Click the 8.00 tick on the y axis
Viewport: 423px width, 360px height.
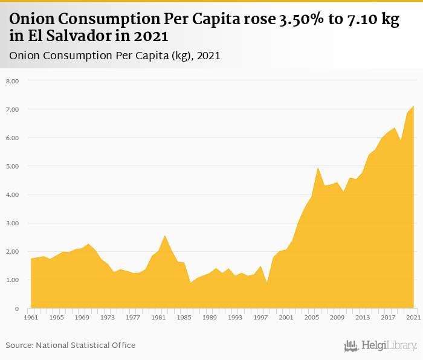pyautogui.click(x=12, y=81)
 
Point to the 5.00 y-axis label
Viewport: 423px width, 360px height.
pyautogui.click(x=12, y=166)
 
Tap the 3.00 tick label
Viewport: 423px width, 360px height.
pyautogui.click(x=12, y=223)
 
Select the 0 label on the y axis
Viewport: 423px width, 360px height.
pyautogui.click(x=17, y=309)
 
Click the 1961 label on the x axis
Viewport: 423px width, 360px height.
pyautogui.click(x=31, y=317)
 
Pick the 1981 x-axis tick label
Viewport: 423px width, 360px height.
pyautogui.click(x=158, y=317)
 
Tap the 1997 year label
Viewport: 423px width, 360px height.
pyautogui.click(x=260, y=317)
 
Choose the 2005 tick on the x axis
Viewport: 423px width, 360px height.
pyautogui.click(x=311, y=317)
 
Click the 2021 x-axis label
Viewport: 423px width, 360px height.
pyautogui.click(x=413, y=317)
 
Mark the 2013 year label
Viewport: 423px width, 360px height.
pyautogui.click(x=363, y=317)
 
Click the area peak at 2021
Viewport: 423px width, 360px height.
pyautogui.click(x=413, y=106)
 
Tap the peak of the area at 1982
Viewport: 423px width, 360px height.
pyautogui.click(x=165, y=236)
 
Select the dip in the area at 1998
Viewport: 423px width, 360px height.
pyautogui.click(x=267, y=283)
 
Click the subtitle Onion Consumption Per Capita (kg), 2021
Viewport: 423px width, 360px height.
pyautogui.click(x=114, y=56)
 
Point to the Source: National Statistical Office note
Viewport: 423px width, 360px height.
pyautogui.click(x=71, y=345)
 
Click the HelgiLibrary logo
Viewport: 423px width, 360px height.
pyautogui.click(x=380, y=346)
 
